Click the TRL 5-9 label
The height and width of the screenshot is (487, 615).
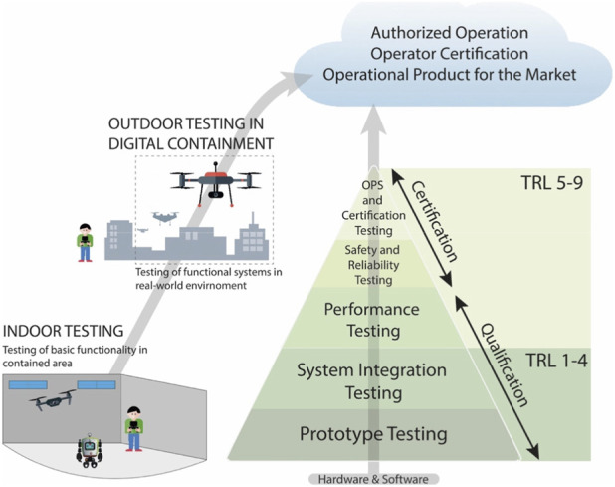(552, 183)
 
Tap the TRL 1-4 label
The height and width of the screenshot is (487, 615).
(556, 361)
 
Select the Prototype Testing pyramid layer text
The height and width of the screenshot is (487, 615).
(373, 434)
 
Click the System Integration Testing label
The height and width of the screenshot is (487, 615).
(372, 381)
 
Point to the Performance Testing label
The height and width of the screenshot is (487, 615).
(372, 320)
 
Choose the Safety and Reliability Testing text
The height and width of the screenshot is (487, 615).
(372, 265)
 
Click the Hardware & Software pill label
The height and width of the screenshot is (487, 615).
(373, 479)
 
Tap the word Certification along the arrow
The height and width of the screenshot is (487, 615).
(435, 221)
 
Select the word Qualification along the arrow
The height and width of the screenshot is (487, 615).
(505, 365)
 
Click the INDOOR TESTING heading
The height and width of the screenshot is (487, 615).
(63, 331)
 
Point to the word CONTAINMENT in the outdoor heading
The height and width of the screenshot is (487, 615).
(221, 144)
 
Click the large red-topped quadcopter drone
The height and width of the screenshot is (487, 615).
(215, 183)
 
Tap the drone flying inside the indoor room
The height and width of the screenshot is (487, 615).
(53, 399)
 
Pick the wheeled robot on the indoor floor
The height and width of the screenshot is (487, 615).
(90, 450)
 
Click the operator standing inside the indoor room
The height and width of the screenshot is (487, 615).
(134, 429)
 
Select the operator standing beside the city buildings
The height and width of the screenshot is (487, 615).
(85, 243)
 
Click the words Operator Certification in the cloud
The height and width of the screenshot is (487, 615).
(450, 54)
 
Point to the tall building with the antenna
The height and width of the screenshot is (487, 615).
(252, 237)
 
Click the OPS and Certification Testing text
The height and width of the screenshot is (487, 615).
(373, 207)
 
